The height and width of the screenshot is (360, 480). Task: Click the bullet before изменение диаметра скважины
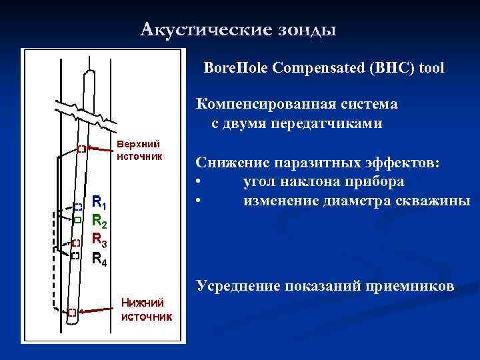(198, 201)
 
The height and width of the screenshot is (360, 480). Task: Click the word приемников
(417, 286)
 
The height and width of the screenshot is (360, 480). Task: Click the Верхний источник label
(139, 150)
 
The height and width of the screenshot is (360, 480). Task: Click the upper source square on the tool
(81, 149)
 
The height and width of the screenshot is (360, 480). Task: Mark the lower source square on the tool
(71, 311)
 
